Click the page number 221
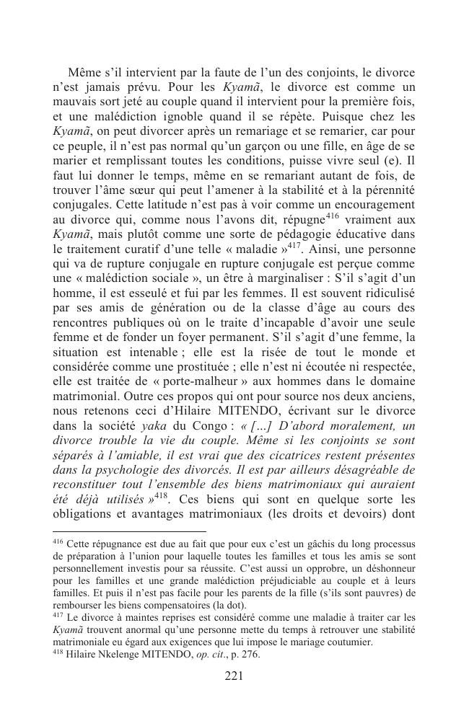click(234, 676)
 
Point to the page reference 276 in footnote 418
click(250, 655)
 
